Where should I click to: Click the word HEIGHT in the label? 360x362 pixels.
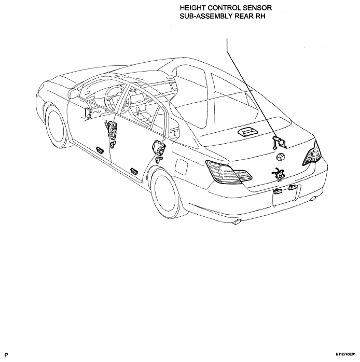point(193,8)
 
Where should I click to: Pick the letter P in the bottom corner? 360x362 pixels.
point(6,355)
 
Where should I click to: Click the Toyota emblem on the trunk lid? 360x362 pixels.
point(281,157)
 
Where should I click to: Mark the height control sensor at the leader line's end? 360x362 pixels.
point(280,142)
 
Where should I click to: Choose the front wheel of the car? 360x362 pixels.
point(57,126)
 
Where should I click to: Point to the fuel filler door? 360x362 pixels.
point(181,166)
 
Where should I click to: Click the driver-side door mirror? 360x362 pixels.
point(74,92)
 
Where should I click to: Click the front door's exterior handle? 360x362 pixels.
point(100,149)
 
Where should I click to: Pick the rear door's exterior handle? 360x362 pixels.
point(134,171)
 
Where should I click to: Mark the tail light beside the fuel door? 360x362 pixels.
point(229,172)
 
